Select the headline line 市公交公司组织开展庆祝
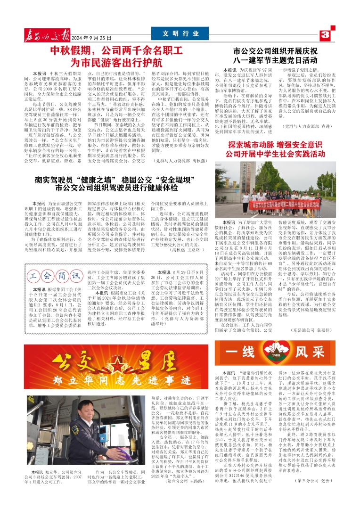275,51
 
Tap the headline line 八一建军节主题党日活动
275,61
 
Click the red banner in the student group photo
273,204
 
